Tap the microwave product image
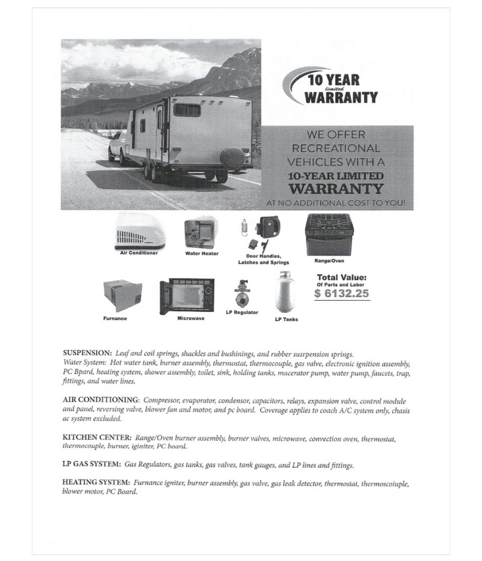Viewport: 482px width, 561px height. [x=187, y=296]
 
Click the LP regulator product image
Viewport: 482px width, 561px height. [x=242, y=293]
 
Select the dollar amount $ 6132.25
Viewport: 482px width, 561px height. [x=342, y=293]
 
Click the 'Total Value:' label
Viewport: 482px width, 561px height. [x=342, y=277]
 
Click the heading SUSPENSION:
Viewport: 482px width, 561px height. [x=87, y=354]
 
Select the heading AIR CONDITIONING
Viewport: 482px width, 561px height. [x=101, y=400]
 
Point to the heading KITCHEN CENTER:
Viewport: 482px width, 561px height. [x=97, y=438]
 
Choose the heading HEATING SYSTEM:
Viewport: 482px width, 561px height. [x=96, y=483]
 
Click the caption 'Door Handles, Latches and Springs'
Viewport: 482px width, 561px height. [x=264, y=259]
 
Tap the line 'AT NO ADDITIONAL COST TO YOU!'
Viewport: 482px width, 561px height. [x=336, y=203]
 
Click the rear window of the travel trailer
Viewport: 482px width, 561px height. [x=187, y=111]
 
